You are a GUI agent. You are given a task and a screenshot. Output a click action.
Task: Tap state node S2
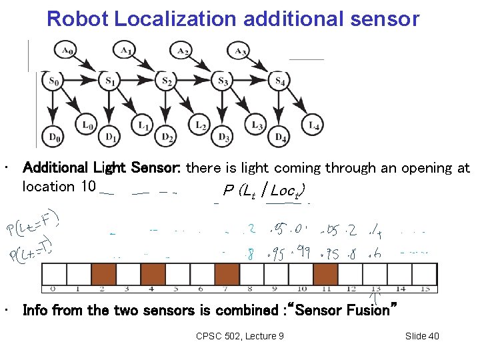[x=167, y=81]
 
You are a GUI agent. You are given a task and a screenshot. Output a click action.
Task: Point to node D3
[x=225, y=137]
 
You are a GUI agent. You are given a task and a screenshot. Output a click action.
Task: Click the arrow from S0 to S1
[x=81, y=81]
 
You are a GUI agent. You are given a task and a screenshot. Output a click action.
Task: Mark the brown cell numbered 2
[x=103, y=274]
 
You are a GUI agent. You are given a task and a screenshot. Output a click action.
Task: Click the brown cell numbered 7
[x=227, y=274]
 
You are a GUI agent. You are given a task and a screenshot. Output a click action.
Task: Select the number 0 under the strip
[x=53, y=289]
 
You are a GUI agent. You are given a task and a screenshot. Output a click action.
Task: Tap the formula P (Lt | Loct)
[x=265, y=191]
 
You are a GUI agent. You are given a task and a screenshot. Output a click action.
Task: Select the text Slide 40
[x=422, y=335]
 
